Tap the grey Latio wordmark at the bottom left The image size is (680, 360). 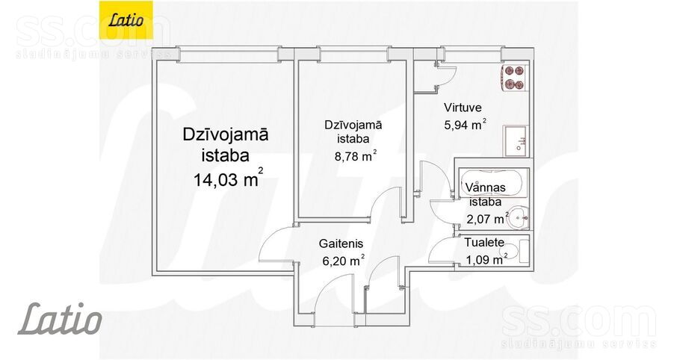pyautogui.click(x=60, y=319)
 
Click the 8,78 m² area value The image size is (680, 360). pyautogui.click(x=353, y=156)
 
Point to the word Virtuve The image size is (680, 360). pyautogui.click(x=462, y=108)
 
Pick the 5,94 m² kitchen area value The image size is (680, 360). pyautogui.click(x=465, y=125)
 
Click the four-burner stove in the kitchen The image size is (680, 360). pyautogui.click(x=513, y=76)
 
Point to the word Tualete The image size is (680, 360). pyautogui.click(x=483, y=243)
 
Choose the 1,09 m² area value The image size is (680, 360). pyautogui.click(x=486, y=259)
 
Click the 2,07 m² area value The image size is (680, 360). pyautogui.click(x=487, y=218)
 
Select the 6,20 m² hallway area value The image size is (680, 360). pyautogui.click(x=341, y=261)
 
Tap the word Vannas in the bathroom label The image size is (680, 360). pyautogui.click(x=483, y=187)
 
